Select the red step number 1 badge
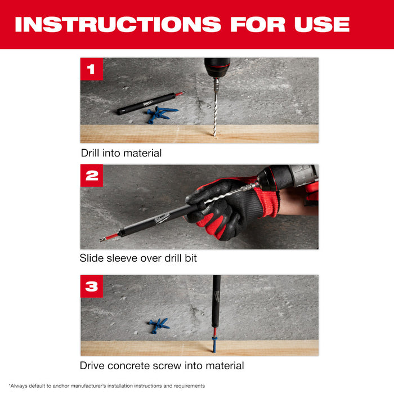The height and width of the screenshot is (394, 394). coord(92,69)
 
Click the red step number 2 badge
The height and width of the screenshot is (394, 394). coord(92,176)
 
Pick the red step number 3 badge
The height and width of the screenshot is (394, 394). coord(92,286)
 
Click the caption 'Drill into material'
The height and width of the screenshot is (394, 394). coord(121,153)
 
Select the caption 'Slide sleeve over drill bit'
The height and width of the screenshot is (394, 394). coord(138,258)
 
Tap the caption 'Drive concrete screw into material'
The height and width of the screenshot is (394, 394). coord(162,366)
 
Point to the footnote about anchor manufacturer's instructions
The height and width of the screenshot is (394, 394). coord(107,386)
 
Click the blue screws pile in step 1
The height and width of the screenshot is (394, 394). coord(159,114)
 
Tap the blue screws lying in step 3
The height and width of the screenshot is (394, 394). coord(158,325)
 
